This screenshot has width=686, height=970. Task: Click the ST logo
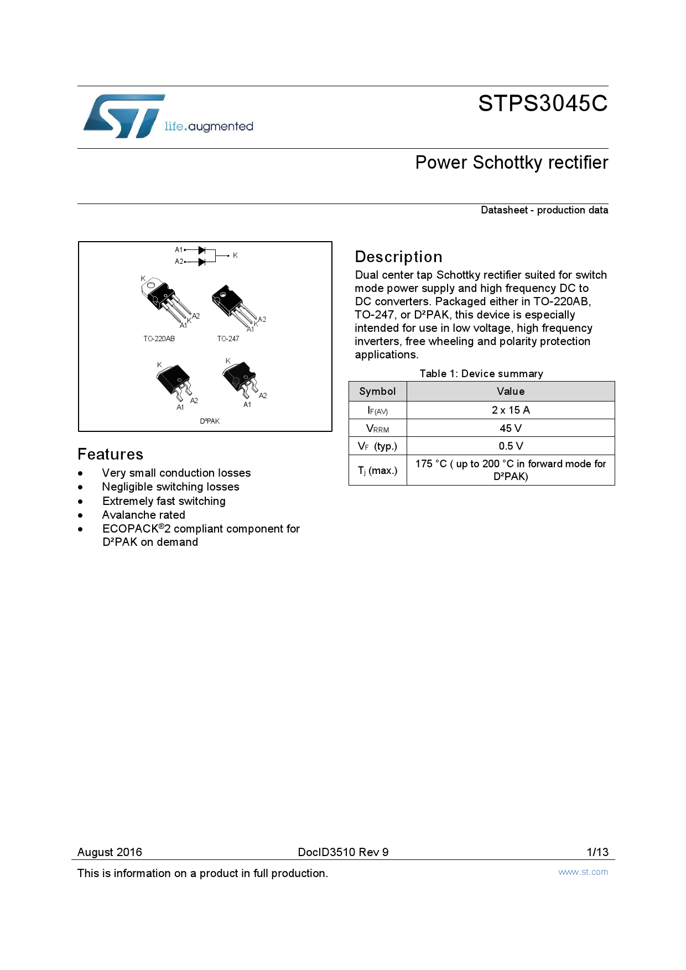(124, 116)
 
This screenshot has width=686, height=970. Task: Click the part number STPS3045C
(543, 103)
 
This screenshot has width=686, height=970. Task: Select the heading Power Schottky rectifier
(512, 163)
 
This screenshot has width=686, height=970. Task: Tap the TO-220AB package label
(159, 338)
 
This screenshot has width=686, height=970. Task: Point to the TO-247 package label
(228, 338)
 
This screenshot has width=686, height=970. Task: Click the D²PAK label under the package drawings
(210, 421)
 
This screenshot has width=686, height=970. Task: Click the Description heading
(398, 257)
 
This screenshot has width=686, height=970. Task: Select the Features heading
(111, 454)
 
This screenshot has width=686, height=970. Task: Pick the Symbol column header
(377, 392)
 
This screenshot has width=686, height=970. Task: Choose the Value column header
(510, 392)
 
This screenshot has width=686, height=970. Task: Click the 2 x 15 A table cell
(510, 410)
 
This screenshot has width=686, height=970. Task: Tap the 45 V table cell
(510, 428)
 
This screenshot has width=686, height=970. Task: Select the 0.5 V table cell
(510, 446)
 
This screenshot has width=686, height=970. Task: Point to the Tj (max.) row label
(377, 470)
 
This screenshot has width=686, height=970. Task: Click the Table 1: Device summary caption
(481, 373)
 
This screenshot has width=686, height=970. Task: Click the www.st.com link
(583, 872)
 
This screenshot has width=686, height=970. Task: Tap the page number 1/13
(597, 852)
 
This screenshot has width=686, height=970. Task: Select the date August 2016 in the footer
(110, 852)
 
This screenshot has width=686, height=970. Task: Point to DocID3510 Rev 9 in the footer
(343, 852)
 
